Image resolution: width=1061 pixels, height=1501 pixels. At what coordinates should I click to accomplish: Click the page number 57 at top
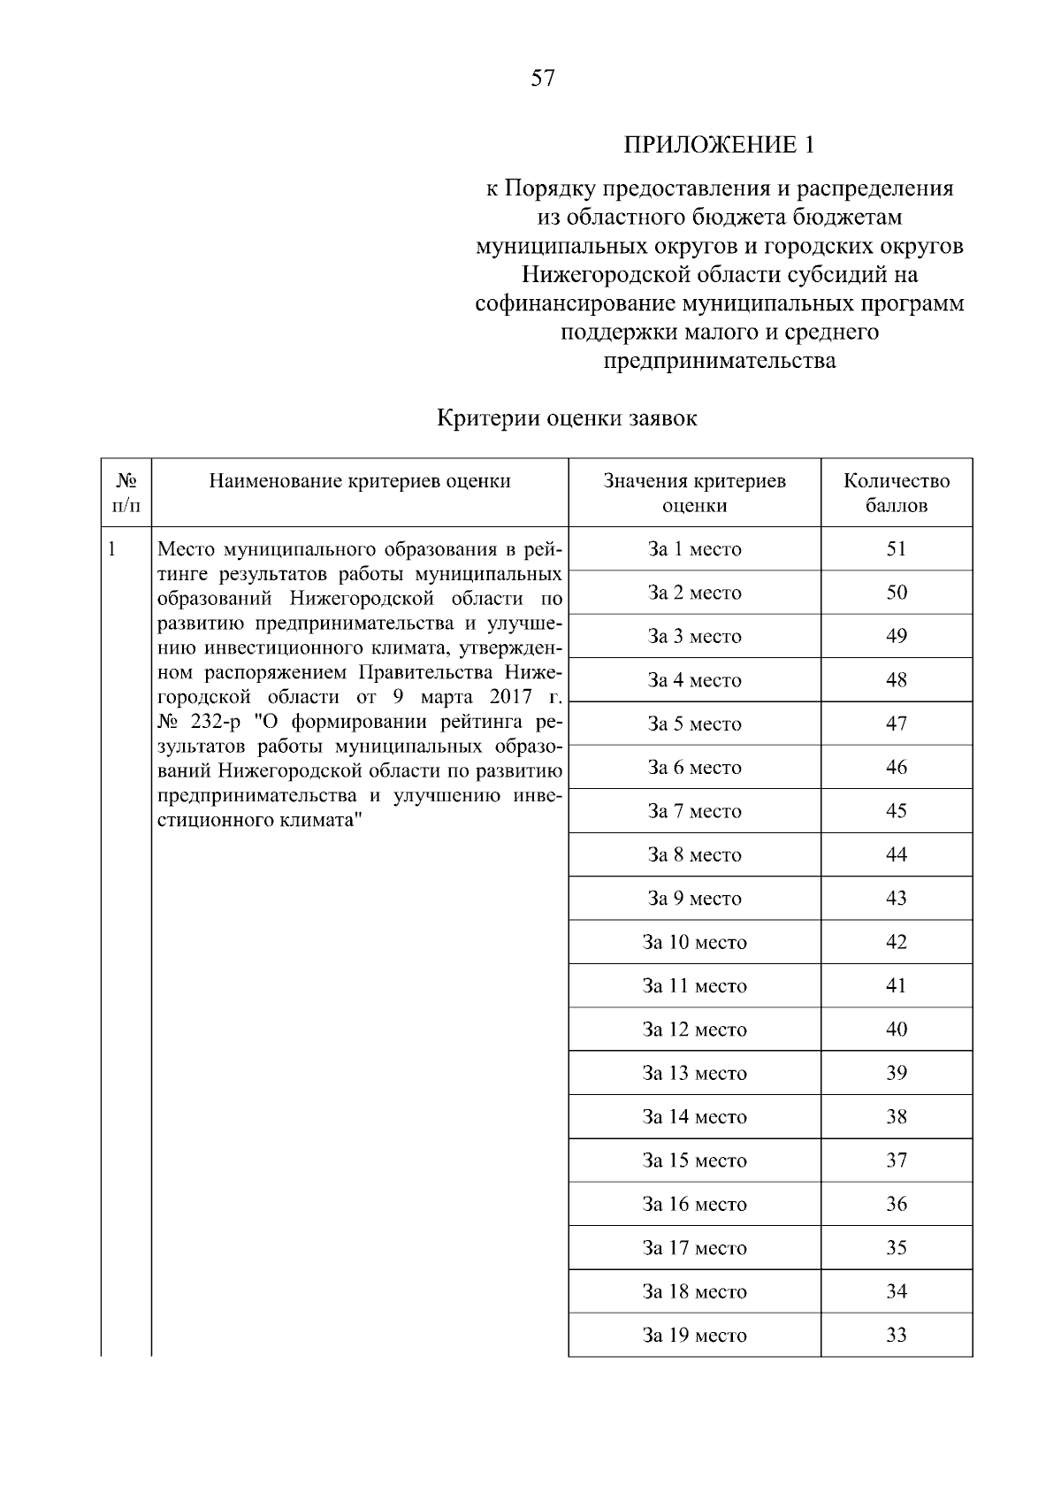[543, 79]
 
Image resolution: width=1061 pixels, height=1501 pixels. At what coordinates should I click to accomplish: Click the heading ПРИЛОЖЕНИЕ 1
[718, 144]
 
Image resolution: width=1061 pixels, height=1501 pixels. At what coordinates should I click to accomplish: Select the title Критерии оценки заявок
[567, 418]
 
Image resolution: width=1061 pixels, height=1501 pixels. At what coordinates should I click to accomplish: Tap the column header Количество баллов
[897, 494]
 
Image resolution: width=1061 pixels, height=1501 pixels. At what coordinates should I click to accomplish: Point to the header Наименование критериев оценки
[360, 481]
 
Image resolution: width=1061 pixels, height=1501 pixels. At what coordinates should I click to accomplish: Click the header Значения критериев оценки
[694, 494]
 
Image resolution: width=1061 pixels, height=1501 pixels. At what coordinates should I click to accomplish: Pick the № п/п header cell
[126, 494]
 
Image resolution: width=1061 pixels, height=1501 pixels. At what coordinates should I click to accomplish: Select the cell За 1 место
[694, 549]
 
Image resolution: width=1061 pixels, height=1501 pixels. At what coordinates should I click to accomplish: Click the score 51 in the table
[897, 549]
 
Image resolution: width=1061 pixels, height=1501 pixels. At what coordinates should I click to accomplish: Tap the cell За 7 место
[694, 811]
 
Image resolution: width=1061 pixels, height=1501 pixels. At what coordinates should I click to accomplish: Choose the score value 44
[897, 855]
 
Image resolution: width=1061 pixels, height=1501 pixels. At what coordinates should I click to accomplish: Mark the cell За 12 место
[694, 1030]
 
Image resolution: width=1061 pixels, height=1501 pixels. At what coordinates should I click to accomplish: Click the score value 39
[897, 1073]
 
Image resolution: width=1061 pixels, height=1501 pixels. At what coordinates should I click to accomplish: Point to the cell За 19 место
[694, 1336]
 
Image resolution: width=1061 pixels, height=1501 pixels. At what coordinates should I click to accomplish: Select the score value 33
[897, 1336]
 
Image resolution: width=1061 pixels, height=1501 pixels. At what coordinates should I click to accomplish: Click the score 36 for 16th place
[897, 1205]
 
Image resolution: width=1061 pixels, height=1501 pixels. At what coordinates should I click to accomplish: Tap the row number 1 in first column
[112, 549]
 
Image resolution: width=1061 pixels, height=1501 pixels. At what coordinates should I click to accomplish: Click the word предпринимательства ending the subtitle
[719, 361]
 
